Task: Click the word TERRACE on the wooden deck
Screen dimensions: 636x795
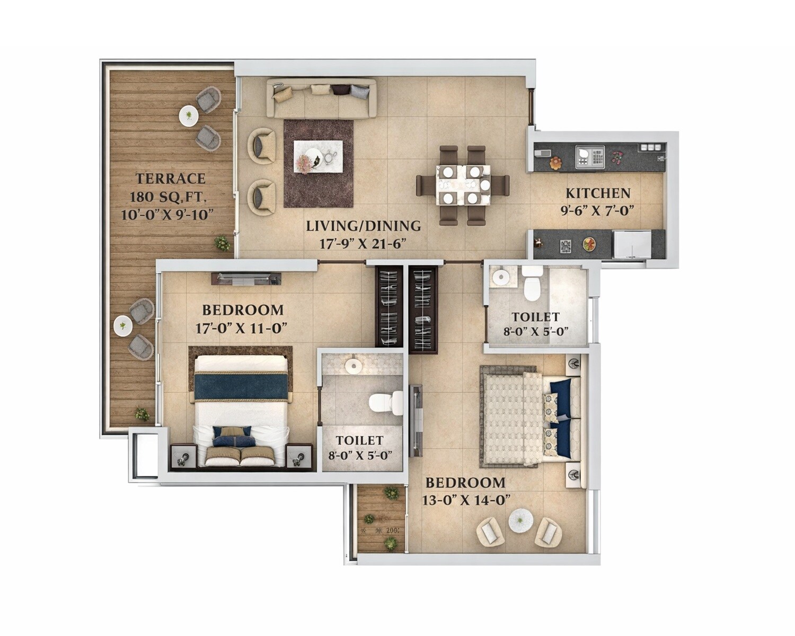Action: tap(170, 179)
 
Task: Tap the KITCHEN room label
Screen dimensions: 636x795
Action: tap(598, 193)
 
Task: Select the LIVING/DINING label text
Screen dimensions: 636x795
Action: tap(363, 226)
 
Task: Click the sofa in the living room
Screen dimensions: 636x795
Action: tap(322, 98)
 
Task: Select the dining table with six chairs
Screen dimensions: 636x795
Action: tap(463, 184)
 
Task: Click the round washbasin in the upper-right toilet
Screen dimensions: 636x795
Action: tap(499, 277)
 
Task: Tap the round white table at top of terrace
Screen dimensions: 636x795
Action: tap(188, 116)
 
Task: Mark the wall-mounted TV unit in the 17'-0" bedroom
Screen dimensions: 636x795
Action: tap(245, 276)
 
